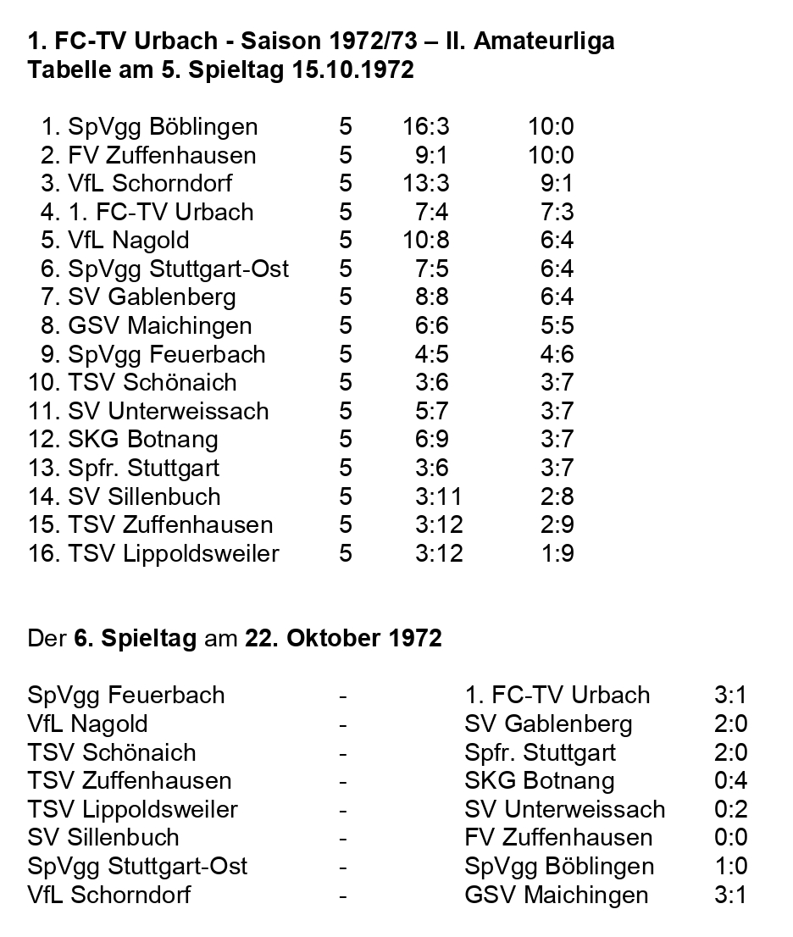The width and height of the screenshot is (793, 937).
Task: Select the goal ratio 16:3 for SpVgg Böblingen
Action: point(426,127)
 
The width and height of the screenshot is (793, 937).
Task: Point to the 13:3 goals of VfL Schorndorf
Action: point(426,184)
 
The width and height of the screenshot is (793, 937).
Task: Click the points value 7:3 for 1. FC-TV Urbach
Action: point(557,212)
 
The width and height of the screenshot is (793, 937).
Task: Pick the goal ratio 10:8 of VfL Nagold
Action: point(426,241)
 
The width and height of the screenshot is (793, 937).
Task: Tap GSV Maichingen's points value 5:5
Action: point(557,325)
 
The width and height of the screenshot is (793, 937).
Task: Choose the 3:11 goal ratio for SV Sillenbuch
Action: point(439,496)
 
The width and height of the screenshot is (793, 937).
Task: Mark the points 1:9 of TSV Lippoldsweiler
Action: point(557,553)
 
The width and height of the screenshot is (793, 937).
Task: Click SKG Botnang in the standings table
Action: point(143,440)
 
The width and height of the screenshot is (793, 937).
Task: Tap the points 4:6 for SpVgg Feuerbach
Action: point(557,354)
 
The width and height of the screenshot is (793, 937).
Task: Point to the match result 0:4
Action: point(730,780)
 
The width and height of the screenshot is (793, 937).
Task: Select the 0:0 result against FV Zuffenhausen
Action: point(730,838)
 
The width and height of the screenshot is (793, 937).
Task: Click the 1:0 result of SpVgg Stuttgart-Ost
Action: point(730,867)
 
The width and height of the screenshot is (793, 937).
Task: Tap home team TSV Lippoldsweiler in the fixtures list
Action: point(132,809)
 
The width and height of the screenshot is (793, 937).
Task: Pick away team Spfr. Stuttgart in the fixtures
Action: point(540,752)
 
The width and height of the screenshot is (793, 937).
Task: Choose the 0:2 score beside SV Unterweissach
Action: point(730,809)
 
